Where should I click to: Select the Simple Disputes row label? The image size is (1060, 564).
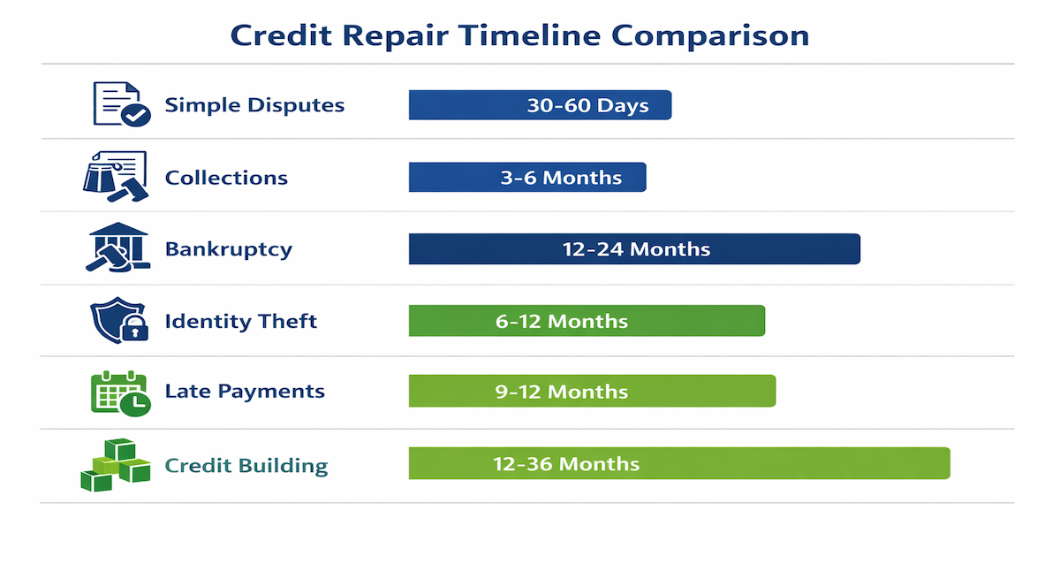[254, 105]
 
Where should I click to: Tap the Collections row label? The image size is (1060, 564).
[226, 178]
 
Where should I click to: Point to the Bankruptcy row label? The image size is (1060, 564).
[228, 249]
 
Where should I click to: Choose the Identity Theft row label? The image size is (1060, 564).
[240, 321]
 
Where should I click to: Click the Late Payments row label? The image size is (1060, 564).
[245, 392]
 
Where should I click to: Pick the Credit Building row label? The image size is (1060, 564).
[246, 466]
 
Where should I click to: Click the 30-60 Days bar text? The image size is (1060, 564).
[587, 105]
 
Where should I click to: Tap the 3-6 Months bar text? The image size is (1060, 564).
[561, 178]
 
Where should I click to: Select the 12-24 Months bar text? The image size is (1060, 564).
[636, 249]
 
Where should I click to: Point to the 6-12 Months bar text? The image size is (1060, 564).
[562, 321]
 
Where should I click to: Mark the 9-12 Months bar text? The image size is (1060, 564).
[562, 392]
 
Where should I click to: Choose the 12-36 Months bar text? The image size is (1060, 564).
[566, 464]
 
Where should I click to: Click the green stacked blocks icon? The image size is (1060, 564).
[115, 465]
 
